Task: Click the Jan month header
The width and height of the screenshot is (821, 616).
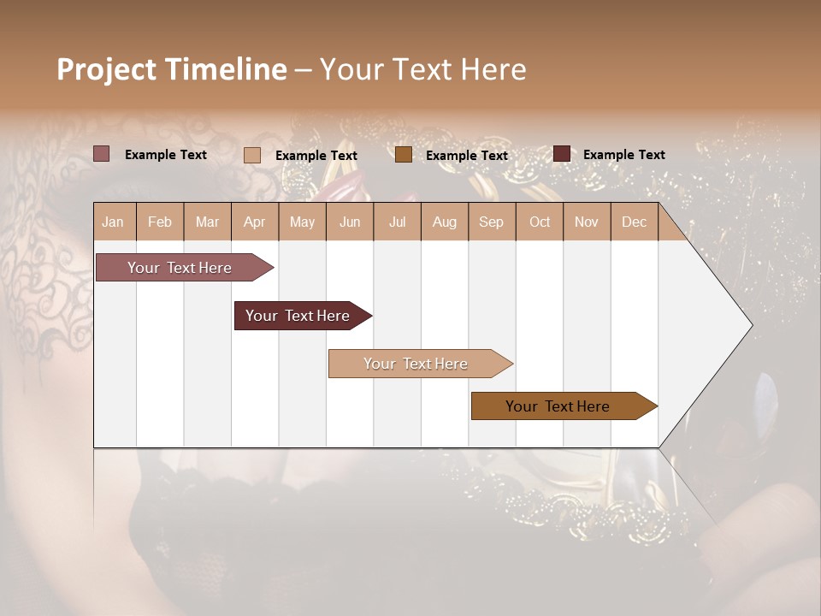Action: [x=113, y=222]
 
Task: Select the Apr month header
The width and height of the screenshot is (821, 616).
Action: [x=254, y=222]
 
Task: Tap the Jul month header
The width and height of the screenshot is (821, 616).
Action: [x=397, y=222]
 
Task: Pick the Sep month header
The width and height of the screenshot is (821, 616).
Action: [x=491, y=222]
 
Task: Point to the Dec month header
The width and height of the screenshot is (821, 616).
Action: [x=634, y=222]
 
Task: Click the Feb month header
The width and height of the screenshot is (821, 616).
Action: [x=160, y=222]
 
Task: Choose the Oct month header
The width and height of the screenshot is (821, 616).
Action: [x=540, y=222]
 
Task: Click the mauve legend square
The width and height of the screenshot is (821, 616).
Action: [x=101, y=154]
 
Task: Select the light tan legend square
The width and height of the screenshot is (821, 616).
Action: [x=252, y=155]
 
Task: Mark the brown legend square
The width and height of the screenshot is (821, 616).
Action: [x=404, y=154]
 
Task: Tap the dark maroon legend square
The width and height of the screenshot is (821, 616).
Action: [x=562, y=154]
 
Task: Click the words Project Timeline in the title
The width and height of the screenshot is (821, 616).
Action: [x=171, y=69]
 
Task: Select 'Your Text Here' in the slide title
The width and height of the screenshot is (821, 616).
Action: [x=422, y=69]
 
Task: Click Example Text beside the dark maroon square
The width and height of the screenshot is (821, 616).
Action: [x=623, y=154]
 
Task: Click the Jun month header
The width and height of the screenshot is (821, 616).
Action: [x=350, y=222]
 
